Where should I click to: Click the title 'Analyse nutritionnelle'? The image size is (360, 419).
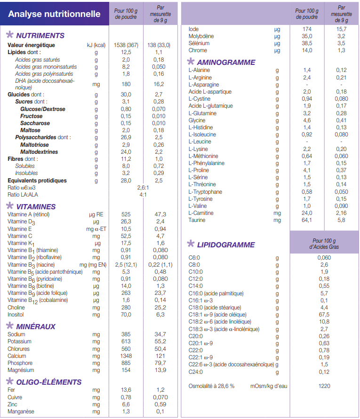(55, 14)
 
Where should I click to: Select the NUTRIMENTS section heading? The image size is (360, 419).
(40, 36)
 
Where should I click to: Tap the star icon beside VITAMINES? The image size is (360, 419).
(9, 206)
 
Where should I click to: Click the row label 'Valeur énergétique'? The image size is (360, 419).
(31, 45)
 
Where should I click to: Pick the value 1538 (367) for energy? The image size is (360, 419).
(126, 45)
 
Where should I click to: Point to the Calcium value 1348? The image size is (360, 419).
(126, 356)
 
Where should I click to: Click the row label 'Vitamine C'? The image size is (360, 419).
(20, 236)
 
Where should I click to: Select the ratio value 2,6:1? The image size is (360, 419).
(143, 188)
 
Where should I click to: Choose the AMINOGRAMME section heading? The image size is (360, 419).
(226, 63)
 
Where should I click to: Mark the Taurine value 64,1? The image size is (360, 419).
(307, 220)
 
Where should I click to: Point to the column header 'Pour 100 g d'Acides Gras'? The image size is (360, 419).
(324, 243)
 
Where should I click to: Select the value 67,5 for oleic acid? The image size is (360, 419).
(324, 315)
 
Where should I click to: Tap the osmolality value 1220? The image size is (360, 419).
(324, 386)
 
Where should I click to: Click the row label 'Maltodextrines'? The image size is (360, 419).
(39, 152)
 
